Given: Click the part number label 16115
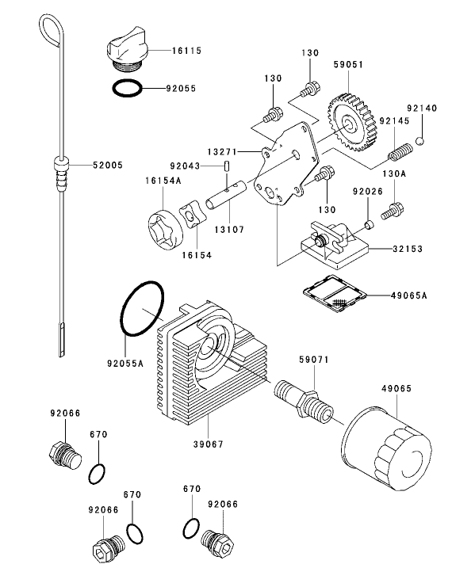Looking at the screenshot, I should (x=186, y=50).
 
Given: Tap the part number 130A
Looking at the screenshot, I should (x=394, y=173).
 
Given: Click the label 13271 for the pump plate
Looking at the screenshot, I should (x=224, y=150).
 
